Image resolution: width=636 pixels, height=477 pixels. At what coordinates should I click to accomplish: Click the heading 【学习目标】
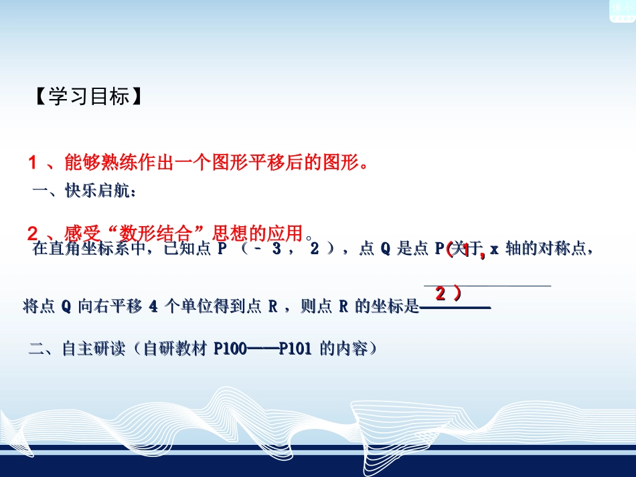pos(87,97)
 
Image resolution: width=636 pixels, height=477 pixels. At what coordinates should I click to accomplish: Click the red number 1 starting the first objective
pos(32,163)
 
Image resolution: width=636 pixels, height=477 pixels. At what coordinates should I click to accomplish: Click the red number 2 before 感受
pos(32,233)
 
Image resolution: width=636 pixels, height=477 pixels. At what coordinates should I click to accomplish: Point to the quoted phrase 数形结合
pos(161,233)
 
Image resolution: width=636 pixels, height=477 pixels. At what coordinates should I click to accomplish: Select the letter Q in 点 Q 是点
pos(385,250)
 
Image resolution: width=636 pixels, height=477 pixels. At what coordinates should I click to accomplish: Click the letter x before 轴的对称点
pos(494,250)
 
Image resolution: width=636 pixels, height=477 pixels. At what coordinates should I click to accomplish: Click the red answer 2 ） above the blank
pos(448,293)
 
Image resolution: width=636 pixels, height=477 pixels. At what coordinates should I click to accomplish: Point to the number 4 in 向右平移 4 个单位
pos(153,307)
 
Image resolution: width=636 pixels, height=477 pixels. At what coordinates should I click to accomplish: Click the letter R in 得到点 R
pos(272,307)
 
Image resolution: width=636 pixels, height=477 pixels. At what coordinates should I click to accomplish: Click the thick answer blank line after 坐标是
pos(455,308)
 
